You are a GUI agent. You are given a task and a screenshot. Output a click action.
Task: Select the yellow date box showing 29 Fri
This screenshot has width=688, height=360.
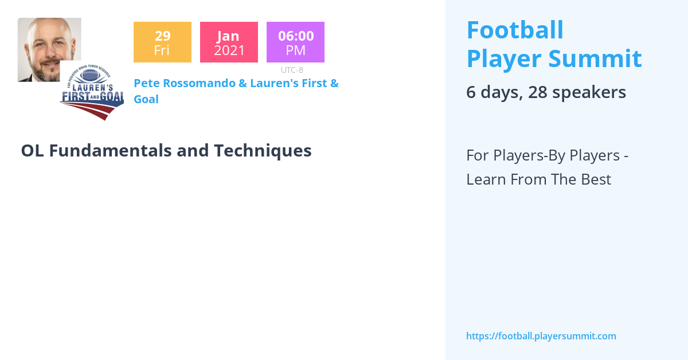pos(162,42)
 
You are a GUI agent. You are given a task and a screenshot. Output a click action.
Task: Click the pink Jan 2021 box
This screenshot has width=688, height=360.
pos(229,42)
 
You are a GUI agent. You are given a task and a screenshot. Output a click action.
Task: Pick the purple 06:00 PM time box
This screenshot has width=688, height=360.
pos(295,42)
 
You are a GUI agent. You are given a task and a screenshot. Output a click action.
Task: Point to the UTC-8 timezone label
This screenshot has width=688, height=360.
pos(292,70)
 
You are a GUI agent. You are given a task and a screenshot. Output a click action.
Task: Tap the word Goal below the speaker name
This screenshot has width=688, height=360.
pos(146,99)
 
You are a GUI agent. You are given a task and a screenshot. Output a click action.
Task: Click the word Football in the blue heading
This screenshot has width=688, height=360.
pos(515,30)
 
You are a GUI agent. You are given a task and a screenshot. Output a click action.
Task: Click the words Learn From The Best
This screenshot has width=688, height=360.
pos(538,179)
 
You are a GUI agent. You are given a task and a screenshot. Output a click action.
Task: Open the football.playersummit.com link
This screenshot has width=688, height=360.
pos(541,336)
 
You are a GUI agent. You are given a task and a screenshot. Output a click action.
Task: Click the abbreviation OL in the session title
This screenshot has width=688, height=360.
pos(33,150)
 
